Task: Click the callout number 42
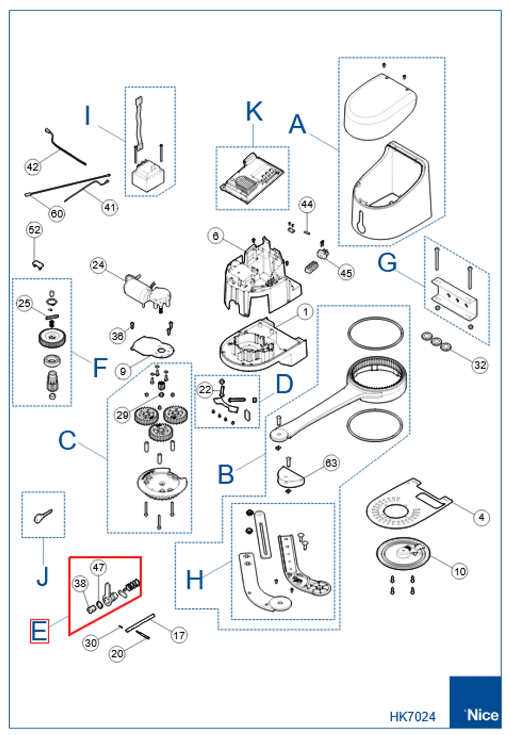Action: point(32,167)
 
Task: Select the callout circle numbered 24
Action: point(98,265)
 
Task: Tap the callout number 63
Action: point(331,463)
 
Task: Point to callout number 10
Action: point(460,571)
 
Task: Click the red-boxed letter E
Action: point(40,631)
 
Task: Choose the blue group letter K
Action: point(254,112)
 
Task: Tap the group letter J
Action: point(42,576)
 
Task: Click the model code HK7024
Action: point(412,716)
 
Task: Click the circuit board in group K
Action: point(252,179)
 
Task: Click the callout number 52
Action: point(34,230)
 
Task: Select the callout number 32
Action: point(480,365)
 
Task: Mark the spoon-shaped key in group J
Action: point(42,515)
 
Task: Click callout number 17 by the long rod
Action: point(179,635)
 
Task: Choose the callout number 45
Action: point(346,273)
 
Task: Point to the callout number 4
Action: point(481,517)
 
